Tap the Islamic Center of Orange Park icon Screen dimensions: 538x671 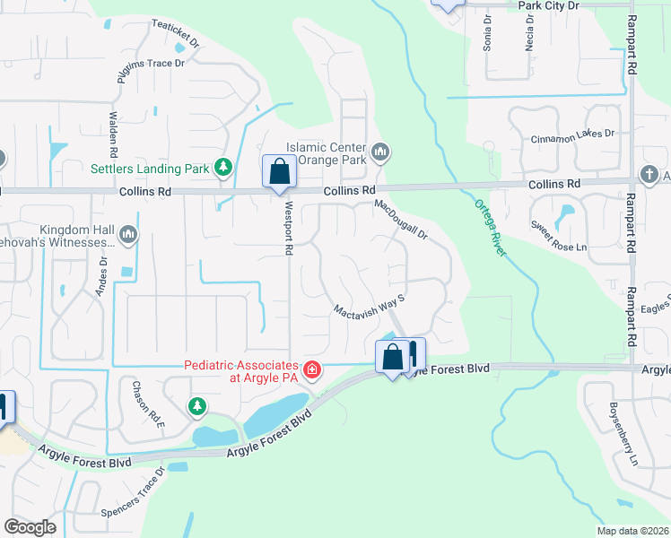point(380,153)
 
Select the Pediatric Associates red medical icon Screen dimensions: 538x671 point(311,369)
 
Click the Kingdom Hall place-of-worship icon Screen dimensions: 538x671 point(128,235)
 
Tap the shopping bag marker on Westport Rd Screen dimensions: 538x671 point(279,171)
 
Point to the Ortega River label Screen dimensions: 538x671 point(491,227)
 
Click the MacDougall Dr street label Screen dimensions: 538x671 point(402,220)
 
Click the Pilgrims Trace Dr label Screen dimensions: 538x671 point(151,70)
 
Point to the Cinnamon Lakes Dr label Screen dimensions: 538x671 point(571,134)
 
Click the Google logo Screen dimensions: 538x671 point(30,527)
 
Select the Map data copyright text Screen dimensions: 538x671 point(633,531)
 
